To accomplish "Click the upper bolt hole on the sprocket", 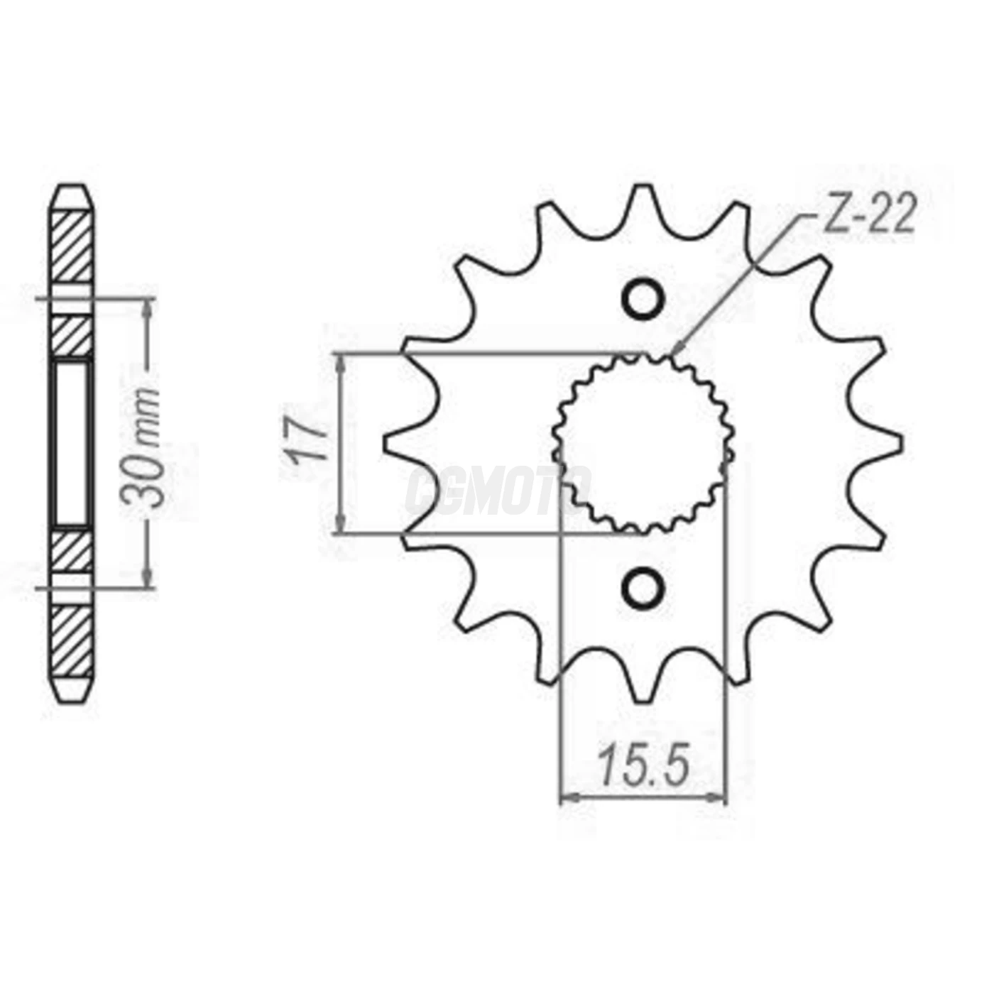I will point(644,300).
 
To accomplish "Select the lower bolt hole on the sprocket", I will point(644,587).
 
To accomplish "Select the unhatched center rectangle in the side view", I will point(72,444).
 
